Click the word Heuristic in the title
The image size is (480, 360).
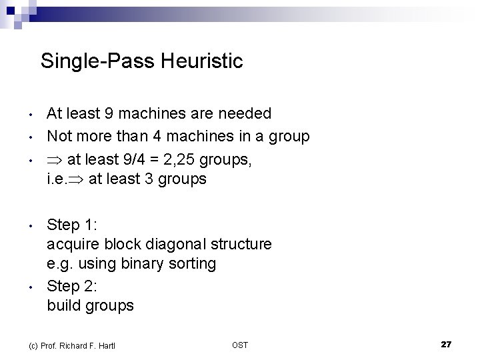click(x=203, y=62)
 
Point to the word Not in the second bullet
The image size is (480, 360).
click(x=59, y=137)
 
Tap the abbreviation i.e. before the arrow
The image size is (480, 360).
click(x=56, y=179)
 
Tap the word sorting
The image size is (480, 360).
click(x=193, y=264)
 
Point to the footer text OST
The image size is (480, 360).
click(x=240, y=345)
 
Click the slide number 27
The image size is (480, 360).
click(x=446, y=344)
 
